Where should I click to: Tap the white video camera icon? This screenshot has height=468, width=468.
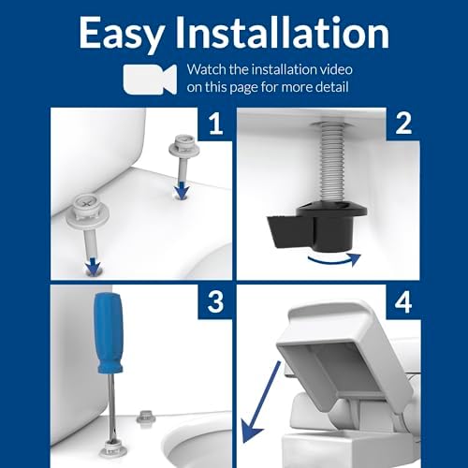click(x=149, y=78)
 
